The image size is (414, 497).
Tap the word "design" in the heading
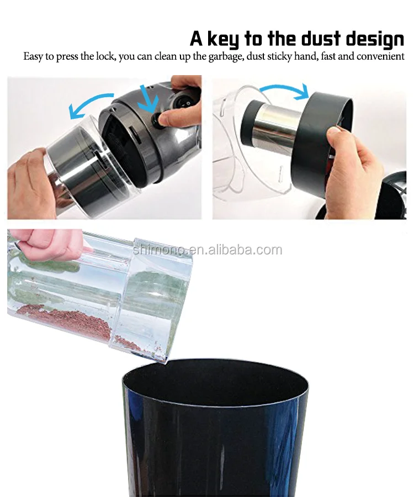[380, 39]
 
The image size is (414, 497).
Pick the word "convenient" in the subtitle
[381, 56]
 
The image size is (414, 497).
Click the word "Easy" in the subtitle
[34, 56]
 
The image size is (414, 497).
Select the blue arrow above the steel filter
[284, 90]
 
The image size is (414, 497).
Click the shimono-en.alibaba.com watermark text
[207, 250]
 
